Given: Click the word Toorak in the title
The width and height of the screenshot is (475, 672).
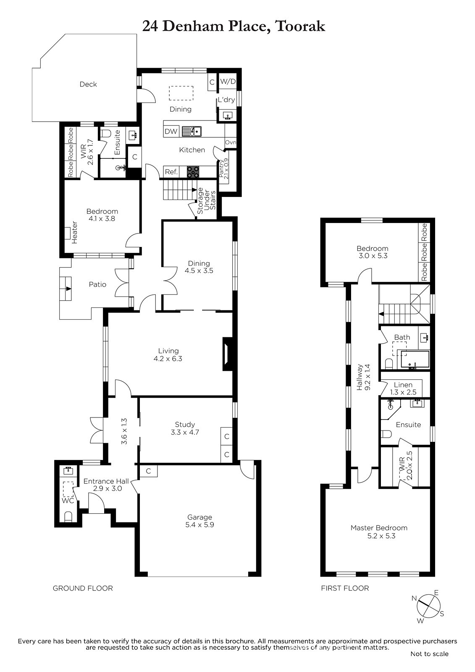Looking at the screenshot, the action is (x=300, y=26).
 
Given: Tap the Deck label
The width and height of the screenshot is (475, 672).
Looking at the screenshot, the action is (x=88, y=84).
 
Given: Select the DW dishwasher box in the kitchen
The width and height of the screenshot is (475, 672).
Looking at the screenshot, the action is (x=171, y=131).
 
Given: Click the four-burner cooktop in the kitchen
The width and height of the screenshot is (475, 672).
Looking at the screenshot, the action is (x=193, y=172).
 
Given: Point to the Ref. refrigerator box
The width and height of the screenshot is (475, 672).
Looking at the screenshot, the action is (x=171, y=172).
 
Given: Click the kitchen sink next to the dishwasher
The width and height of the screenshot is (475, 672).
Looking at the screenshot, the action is (x=192, y=131).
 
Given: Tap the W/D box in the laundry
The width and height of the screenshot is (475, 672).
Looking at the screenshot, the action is (x=228, y=81).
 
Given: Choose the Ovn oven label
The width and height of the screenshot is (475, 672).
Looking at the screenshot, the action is (x=231, y=142).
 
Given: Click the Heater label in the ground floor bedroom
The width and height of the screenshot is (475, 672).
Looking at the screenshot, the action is (x=74, y=233).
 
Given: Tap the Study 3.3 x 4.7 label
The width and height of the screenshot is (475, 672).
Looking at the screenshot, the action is (x=185, y=428).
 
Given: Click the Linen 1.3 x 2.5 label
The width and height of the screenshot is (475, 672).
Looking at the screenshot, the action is (x=403, y=388).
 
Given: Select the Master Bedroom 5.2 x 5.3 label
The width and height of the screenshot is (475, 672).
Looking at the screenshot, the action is (x=379, y=532).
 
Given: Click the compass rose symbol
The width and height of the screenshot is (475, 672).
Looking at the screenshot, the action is (x=428, y=606).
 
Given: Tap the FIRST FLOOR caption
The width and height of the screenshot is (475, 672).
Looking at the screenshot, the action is (x=345, y=588).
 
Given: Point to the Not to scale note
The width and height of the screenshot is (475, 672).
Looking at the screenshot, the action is (x=429, y=654).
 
